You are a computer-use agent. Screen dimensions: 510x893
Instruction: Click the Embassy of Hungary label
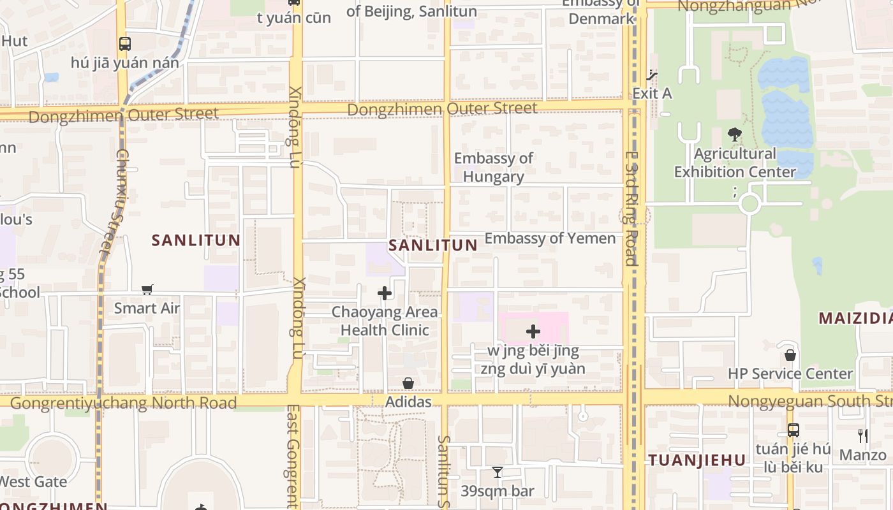coord(493,167)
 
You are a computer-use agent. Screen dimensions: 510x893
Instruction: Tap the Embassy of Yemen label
coord(550,238)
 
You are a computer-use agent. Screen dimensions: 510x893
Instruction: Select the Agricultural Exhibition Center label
coord(735,163)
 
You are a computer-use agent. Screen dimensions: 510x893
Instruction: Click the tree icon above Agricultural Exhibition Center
coord(734,135)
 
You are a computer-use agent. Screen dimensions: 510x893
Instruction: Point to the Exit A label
coord(652,93)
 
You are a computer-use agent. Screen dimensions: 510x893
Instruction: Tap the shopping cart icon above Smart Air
coord(147,290)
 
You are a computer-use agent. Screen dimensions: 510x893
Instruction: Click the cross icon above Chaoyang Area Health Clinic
coord(385,293)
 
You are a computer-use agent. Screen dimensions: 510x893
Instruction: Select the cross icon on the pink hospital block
coord(533,331)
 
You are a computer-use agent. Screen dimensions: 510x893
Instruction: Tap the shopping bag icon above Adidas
coord(408,383)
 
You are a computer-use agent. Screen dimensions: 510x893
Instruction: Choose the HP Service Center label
coord(790,374)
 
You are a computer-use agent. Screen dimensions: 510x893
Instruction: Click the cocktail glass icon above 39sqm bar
coord(498,472)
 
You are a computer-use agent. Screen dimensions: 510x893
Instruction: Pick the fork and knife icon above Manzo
coord(862,436)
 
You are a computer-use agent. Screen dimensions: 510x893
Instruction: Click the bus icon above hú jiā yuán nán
coord(125,44)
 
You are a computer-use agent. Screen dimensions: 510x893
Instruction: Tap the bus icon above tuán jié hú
coord(793,430)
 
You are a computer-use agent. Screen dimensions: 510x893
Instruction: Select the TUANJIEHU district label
coord(697,460)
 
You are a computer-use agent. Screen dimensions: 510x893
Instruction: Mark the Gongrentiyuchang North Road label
coord(123,403)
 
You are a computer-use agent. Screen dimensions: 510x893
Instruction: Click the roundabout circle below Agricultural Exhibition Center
coord(749,205)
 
